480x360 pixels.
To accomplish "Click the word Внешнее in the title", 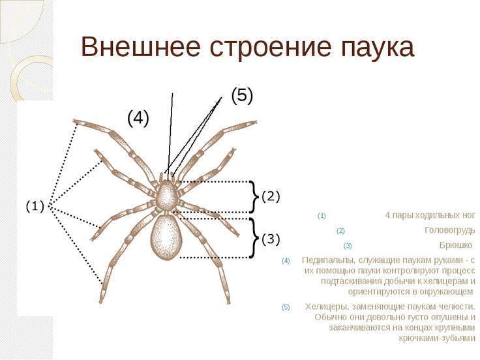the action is (141, 47).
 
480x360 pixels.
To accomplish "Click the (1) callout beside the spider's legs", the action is (35, 207).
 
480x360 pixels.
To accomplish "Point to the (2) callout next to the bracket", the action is (270, 196).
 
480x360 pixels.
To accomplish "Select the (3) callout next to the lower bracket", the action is (270, 239).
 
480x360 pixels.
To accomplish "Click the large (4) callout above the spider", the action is (138, 119).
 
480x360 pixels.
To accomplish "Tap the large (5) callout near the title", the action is (242, 96).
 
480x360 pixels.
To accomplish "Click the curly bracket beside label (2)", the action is (254, 196).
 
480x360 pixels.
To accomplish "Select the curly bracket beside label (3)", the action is (254, 238).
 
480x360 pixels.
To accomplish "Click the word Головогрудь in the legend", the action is (450, 230).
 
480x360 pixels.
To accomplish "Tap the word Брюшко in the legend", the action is (456, 245).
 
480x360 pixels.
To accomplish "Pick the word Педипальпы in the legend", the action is (329, 260).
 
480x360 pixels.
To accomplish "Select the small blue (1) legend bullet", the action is (322, 216).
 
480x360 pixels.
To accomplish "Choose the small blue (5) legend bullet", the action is (285, 307).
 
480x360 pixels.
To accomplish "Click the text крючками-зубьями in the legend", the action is (437, 338).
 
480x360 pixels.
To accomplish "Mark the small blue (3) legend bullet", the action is (348, 246).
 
